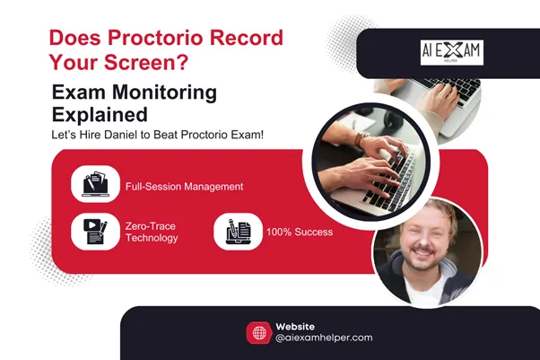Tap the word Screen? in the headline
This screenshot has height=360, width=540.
click(x=158, y=63)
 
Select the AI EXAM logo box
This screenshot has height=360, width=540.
click(x=451, y=52)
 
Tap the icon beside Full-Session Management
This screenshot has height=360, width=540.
click(x=95, y=183)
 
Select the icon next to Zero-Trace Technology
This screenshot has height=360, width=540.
click(x=95, y=232)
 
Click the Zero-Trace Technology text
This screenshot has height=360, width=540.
click(x=152, y=232)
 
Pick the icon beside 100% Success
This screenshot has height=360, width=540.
click(x=237, y=232)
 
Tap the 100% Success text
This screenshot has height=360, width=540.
click(x=299, y=232)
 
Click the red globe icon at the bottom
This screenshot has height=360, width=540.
click(x=258, y=332)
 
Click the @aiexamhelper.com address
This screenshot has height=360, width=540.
click(x=324, y=338)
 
